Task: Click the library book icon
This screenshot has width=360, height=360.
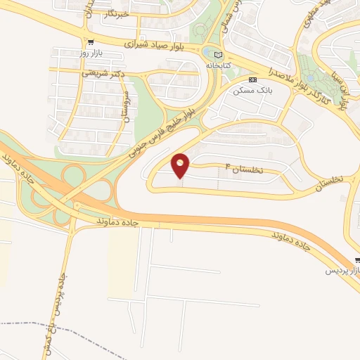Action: click(218, 55)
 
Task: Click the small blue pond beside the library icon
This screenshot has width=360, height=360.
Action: click(210, 53)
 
